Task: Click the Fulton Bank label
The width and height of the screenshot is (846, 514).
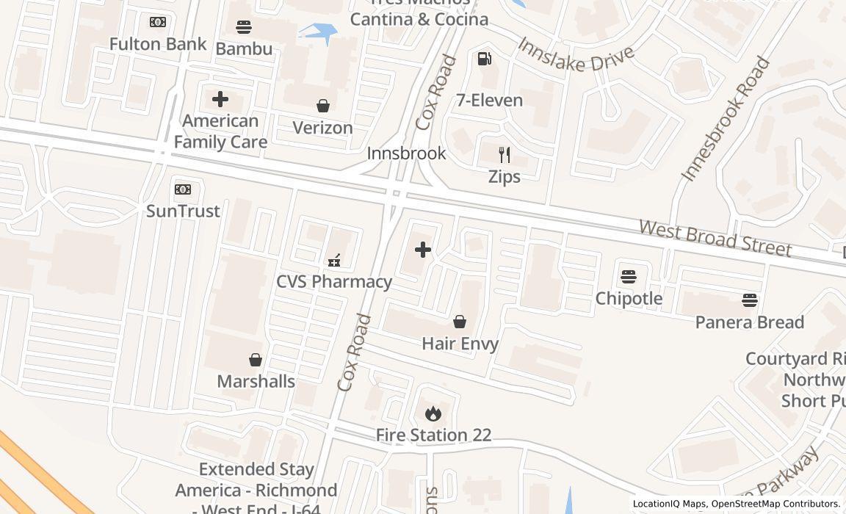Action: pos(158,44)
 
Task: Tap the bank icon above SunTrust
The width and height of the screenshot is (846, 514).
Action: pos(183,189)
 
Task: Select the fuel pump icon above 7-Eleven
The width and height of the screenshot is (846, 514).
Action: pos(485,59)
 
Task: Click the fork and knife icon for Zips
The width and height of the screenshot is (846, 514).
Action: pos(505,155)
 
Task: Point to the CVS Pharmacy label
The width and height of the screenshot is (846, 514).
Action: pos(334,281)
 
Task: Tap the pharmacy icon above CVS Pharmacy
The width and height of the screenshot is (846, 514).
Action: pos(334,260)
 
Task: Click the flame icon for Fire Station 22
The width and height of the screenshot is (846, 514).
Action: pos(433,413)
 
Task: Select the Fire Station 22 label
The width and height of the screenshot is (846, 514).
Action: pos(433,435)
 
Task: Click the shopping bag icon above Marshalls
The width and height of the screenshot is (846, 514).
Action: pos(256,360)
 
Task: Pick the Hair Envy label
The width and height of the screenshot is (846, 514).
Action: pos(460,344)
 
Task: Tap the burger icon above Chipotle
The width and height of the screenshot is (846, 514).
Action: pos(629,277)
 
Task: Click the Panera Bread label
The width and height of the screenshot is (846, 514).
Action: pos(750,322)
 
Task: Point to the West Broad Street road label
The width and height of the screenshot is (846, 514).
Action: pos(715,238)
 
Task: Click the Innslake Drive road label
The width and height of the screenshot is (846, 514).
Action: pos(576,55)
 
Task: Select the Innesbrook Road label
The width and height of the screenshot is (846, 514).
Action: pos(726,119)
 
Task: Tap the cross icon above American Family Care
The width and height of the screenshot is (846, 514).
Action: pos(220,99)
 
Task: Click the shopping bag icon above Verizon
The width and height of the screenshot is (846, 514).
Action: pos(322,106)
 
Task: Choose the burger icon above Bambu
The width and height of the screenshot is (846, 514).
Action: pos(244,27)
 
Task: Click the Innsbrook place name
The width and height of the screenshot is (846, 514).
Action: pos(406,153)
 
